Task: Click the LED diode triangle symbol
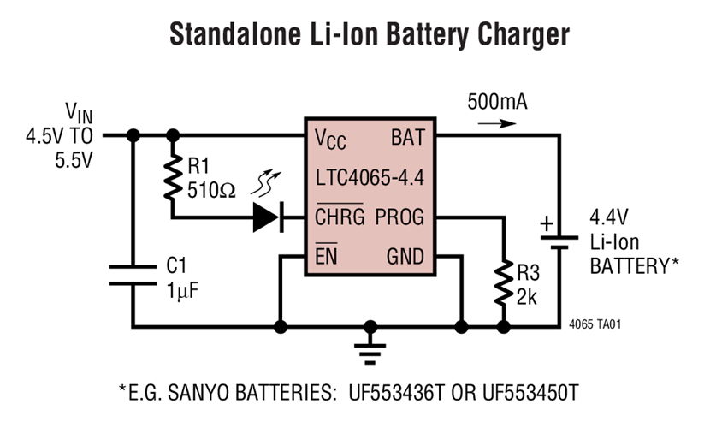click(x=268, y=217)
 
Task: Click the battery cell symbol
click(x=559, y=239)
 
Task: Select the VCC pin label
click(x=332, y=137)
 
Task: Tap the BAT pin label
click(x=407, y=137)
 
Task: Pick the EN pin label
click(x=325, y=256)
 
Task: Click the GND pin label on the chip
click(x=405, y=256)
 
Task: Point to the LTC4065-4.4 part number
click(x=369, y=178)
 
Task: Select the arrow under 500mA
click(x=496, y=122)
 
